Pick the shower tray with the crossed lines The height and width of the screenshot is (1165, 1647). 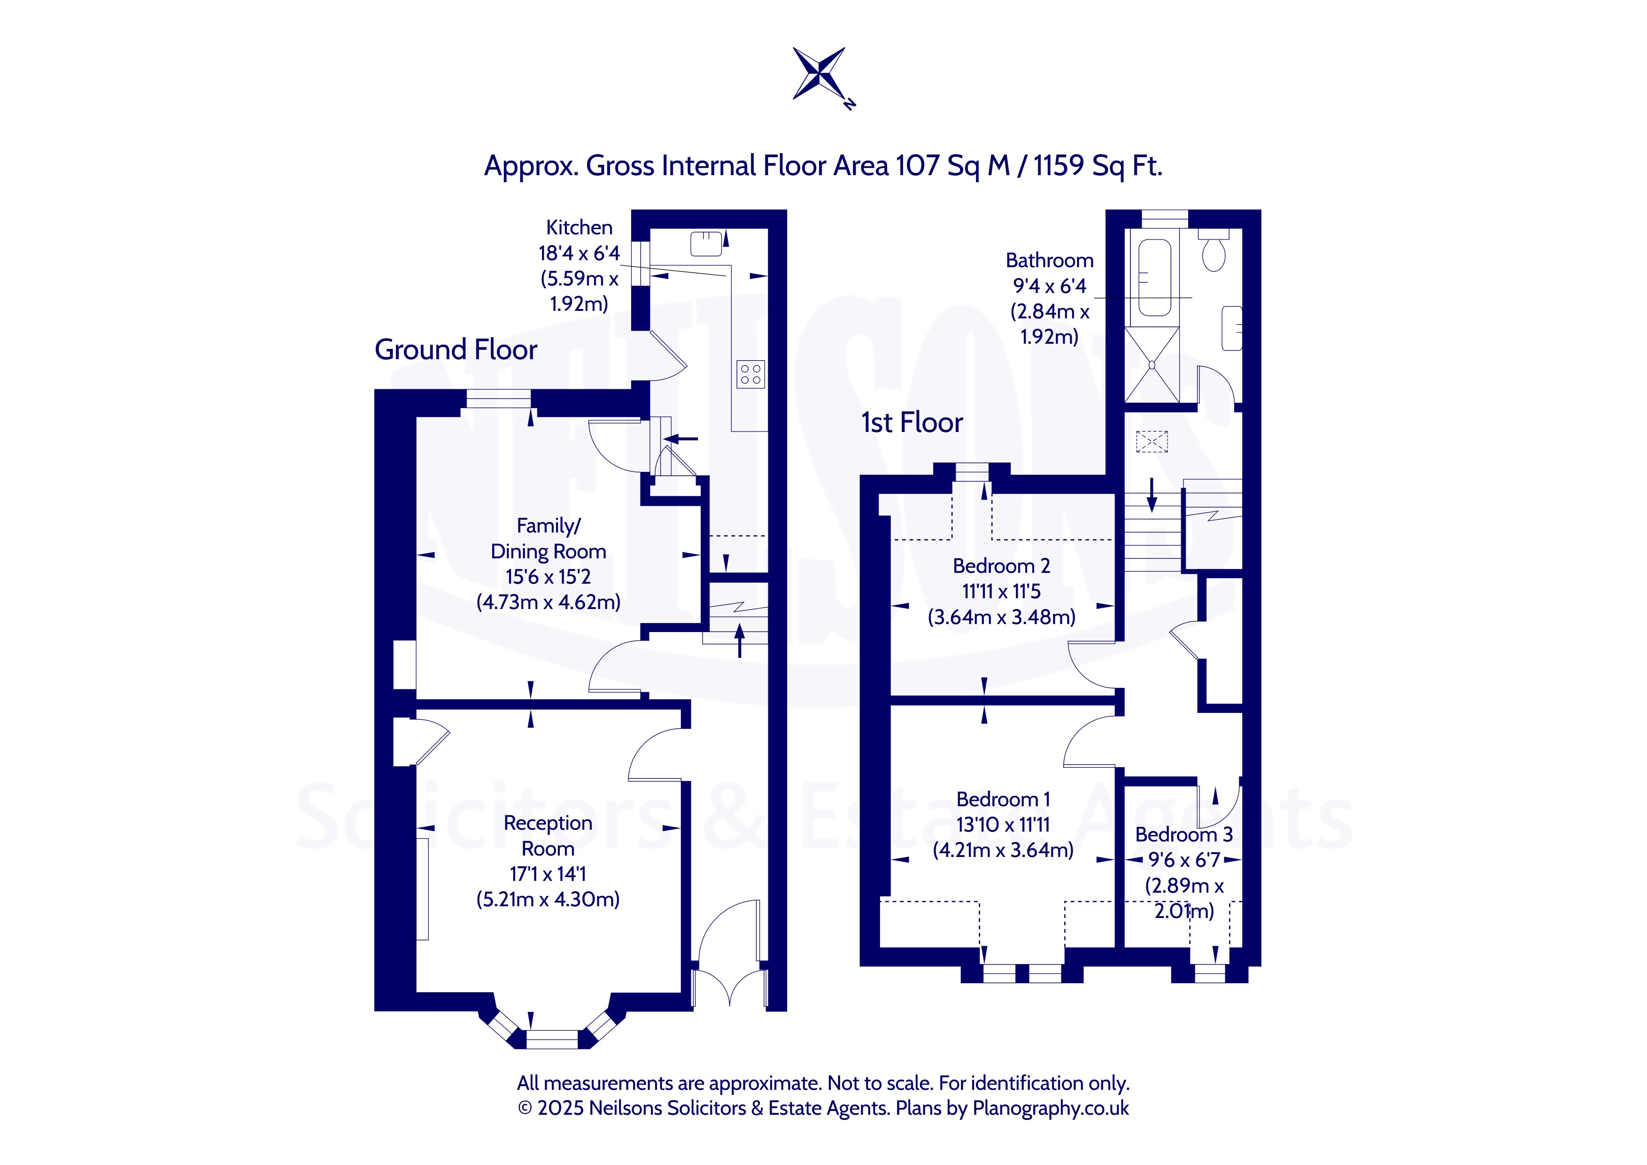(x=1152, y=364)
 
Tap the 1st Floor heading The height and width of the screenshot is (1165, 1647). (x=912, y=423)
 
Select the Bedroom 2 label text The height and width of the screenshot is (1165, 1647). (x=1001, y=566)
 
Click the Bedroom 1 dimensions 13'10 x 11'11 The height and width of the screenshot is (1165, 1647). (x=1003, y=824)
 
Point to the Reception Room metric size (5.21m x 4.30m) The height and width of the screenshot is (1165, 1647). (x=548, y=900)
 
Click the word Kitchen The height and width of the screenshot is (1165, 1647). (x=579, y=227)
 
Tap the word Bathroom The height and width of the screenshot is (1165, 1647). (x=1050, y=261)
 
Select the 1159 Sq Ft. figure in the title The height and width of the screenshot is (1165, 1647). (x=1098, y=166)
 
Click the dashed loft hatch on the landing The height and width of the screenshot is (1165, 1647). (x=1152, y=441)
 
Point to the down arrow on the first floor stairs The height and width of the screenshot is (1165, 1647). (x=1152, y=495)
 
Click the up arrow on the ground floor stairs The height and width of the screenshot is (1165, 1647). (x=740, y=640)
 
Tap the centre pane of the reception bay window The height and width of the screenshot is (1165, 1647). (x=552, y=1039)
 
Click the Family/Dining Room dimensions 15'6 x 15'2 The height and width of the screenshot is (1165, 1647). (x=548, y=577)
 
